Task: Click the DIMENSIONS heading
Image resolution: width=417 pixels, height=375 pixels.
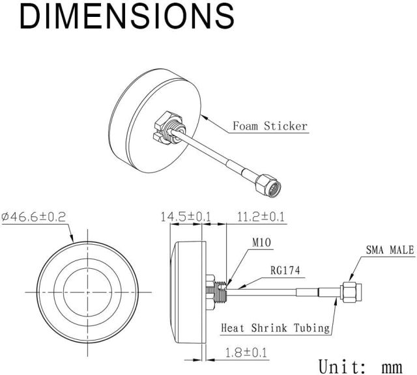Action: (127, 16)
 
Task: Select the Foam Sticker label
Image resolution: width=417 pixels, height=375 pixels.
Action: (270, 126)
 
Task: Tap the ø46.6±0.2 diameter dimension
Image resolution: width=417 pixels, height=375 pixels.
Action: (33, 217)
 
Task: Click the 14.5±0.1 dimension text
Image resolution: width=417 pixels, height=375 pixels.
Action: (185, 217)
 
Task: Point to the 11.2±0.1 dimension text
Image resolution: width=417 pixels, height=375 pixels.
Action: (261, 217)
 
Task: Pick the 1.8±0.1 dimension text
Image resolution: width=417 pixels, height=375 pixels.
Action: (246, 353)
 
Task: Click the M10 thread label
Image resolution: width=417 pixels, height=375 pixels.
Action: (261, 242)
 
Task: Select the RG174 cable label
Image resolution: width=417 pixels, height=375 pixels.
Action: (285, 271)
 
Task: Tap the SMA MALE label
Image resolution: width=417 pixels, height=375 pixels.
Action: (390, 250)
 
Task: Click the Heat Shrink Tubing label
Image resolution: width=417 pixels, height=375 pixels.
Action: (276, 327)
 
